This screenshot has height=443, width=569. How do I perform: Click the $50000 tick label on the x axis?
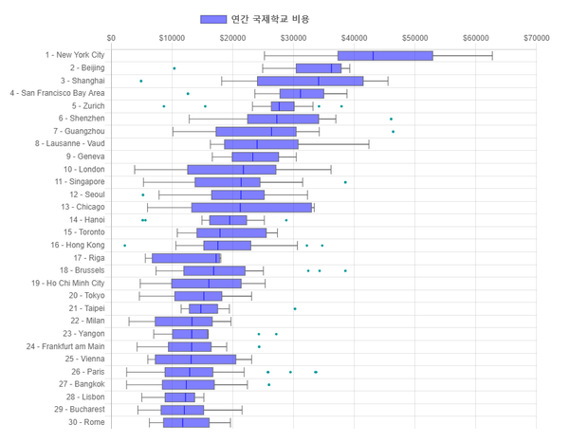click(x=415, y=38)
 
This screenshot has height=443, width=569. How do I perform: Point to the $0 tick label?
click(x=111, y=38)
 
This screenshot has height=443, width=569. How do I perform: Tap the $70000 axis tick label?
click(x=536, y=38)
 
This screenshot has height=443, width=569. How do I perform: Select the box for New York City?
click(x=385, y=56)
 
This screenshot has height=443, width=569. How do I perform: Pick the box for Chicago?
click(x=251, y=207)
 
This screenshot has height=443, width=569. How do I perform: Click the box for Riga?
click(x=186, y=258)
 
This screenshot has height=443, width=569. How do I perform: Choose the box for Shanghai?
click(x=323, y=81)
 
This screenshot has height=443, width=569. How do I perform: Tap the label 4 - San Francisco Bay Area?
click(x=57, y=94)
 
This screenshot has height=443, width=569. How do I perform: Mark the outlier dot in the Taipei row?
click(x=295, y=308)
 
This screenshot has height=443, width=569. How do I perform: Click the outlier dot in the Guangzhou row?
click(x=393, y=131)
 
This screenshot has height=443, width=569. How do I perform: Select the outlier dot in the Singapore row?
click(x=345, y=182)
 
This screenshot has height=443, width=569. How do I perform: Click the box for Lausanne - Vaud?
click(x=261, y=144)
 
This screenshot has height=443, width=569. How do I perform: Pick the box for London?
click(x=231, y=169)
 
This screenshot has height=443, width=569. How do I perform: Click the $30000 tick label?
click(x=294, y=38)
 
